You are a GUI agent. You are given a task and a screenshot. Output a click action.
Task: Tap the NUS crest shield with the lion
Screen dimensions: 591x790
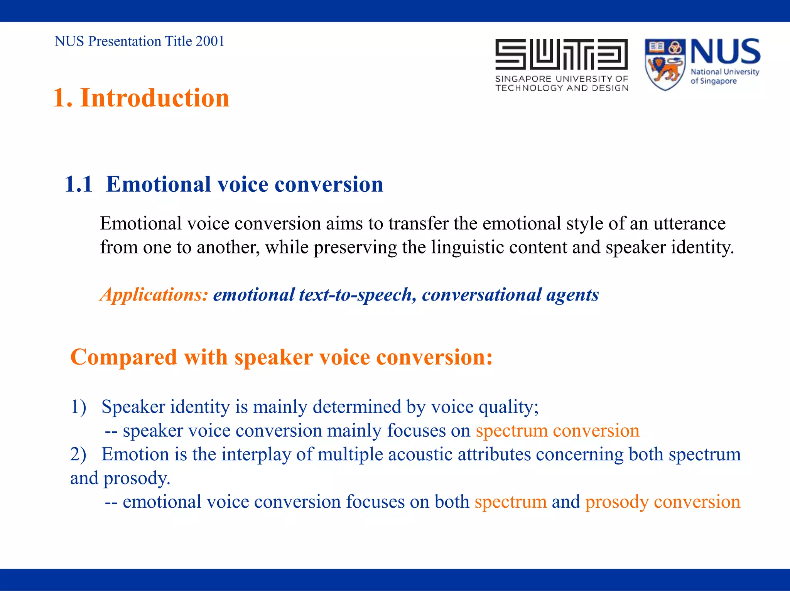pyautogui.click(x=665, y=65)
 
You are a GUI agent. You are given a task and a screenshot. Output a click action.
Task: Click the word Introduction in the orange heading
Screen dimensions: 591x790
pyautogui.click(x=154, y=98)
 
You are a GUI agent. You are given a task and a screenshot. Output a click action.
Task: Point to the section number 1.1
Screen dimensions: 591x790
pyautogui.click(x=79, y=184)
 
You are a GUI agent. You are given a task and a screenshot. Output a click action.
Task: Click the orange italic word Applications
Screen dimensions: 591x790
pyautogui.click(x=154, y=295)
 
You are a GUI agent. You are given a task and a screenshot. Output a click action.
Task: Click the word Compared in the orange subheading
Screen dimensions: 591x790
pyautogui.click(x=123, y=357)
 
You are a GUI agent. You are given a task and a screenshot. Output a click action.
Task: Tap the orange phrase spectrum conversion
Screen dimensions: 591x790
pyautogui.click(x=557, y=431)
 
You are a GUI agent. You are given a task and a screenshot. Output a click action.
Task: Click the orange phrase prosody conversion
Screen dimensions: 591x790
pyautogui.click(x=662, y=502)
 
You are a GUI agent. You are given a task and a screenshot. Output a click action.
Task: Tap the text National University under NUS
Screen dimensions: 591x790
pyautogui.click(x=724, y=72)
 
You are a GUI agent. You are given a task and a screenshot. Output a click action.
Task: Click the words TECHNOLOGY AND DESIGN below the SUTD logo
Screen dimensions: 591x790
pyautogui.click(x=562, y=88)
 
